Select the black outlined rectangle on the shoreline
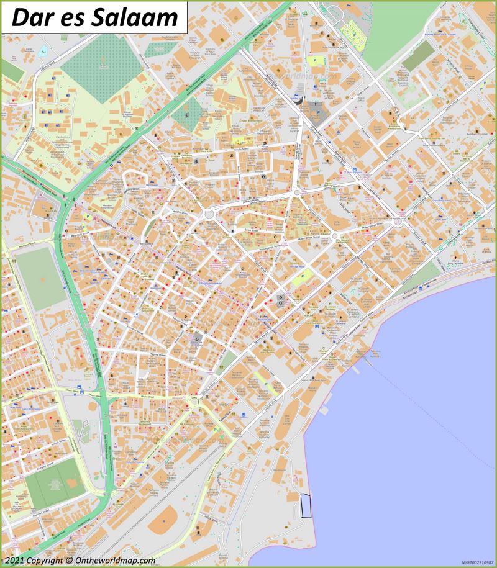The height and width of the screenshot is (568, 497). point(306,505)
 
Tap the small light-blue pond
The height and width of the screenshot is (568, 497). point(43,52)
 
